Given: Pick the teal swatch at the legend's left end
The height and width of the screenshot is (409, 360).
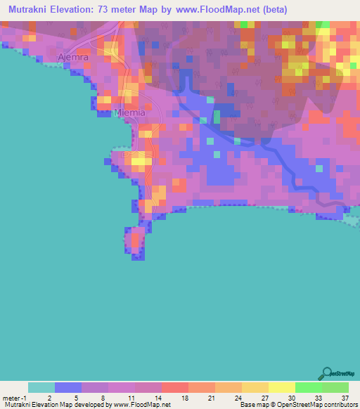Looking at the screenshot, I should (x=41, y=387).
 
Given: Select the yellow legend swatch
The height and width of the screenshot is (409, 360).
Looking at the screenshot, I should (x=281, y=387).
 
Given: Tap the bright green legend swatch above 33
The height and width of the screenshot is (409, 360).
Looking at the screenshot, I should (x=308, y=387).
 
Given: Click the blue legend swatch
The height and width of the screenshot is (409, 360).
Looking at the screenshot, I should (x=68, y=387).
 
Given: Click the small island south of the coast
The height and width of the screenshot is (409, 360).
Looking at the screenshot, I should (x=135, y=241).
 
